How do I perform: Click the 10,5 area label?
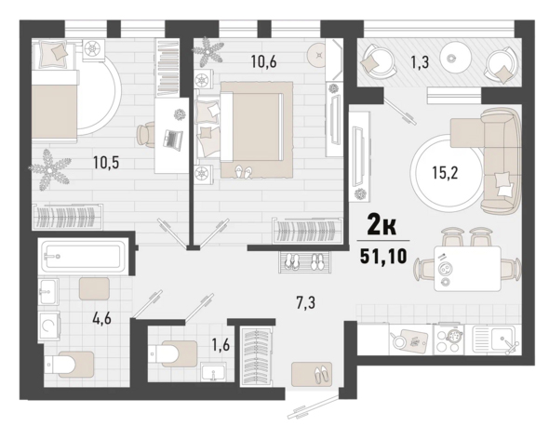(106, 163)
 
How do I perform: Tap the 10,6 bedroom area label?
(263, 61)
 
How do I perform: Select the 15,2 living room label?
(445, 173)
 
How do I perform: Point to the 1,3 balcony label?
(420, 63)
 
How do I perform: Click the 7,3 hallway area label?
(305, 302)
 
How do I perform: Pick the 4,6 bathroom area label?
(101, 318)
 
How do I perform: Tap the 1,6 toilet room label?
(221, 345)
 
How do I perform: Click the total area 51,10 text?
(383, 257)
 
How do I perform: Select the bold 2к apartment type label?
(382, 225)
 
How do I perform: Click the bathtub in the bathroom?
(83, 256)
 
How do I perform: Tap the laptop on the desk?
(173, 139)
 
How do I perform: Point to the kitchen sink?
(494, 339)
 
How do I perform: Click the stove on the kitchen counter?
(449, 339)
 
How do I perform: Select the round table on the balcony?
(455, 58)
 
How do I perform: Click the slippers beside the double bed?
(244, 172)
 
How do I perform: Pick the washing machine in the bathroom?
(48, 326)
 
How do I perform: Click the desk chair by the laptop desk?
(145, 134)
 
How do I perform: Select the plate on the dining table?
(446, 270)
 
